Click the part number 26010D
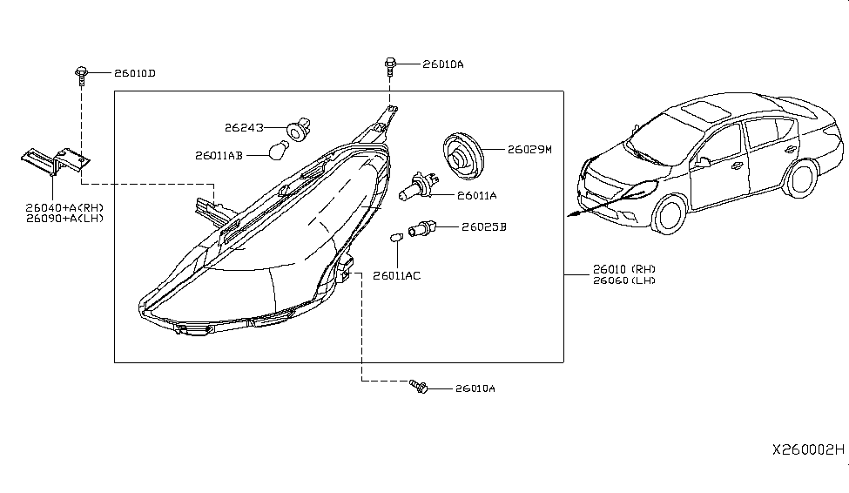tap(133, 73)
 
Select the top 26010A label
tap(443, 64)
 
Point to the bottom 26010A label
tap(475, 389)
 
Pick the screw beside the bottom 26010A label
tap(419, 386)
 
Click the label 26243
tap(244, 128)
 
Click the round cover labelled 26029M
tap(462, 153)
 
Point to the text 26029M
tap(530, 150)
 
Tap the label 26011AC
tap(396, 275)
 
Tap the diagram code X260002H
tap(807, 450)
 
